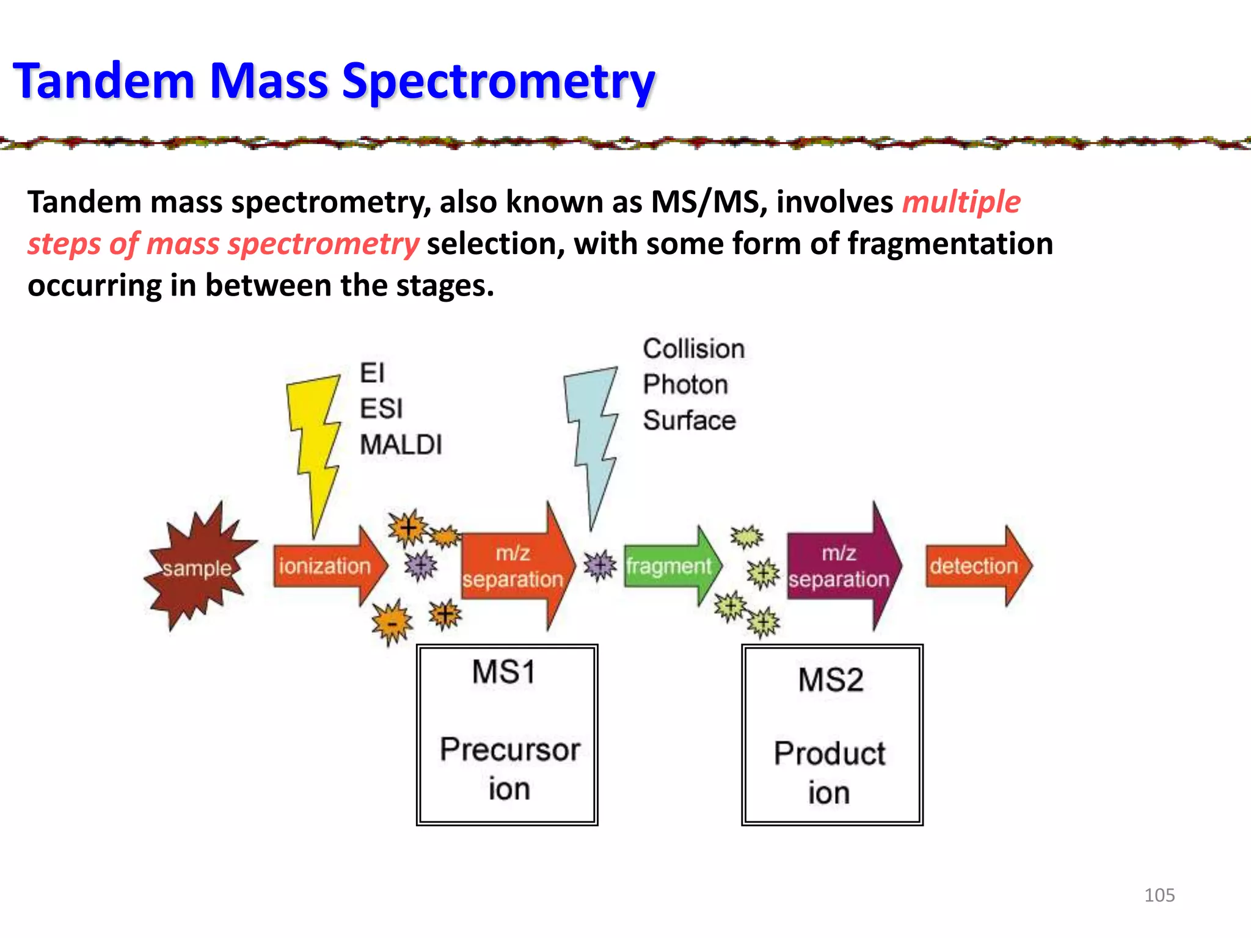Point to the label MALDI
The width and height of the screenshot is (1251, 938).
401,445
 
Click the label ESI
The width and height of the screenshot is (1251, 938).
381,409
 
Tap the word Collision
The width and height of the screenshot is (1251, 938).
693,349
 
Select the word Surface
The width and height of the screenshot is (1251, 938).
689,420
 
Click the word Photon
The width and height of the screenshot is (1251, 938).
685,385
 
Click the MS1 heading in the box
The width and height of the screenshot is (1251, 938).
504,672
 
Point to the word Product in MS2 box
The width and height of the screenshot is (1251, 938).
830,754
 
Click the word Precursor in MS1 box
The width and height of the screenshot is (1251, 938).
509,750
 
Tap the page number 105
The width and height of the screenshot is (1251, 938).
1159,895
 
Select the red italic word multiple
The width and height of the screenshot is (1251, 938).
961,202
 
